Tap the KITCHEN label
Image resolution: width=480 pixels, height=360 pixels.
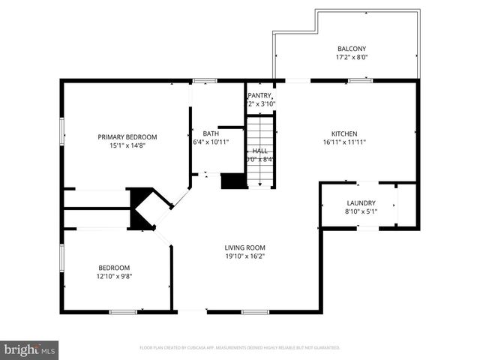(x=344, y=133)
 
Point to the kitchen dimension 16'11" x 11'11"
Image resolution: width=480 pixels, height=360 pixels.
(x=344, y=142)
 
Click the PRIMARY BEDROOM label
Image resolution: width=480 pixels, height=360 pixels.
(x=127, y=136)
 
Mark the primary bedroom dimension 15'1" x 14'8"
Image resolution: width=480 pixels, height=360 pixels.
(x=127, y=146)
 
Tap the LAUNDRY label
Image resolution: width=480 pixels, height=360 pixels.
(x=361, y=203)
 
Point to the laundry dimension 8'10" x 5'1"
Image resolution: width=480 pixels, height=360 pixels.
(x=361, y=212)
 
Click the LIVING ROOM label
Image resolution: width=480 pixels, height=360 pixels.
(x=245, y=247)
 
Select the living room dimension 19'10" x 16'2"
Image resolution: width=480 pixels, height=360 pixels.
(x=245, y=256)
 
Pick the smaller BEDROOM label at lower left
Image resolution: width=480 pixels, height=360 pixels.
(x=114, y=268)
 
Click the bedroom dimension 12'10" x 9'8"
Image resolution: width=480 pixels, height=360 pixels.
(x=114, y=277)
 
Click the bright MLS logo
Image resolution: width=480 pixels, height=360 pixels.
(x=30, y=349)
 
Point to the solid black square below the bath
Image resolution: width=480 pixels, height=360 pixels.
(x=233, y=181)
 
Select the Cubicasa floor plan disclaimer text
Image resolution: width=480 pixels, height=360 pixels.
(x=240, y=348)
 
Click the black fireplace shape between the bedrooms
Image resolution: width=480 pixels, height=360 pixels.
(x=141, y=208)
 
